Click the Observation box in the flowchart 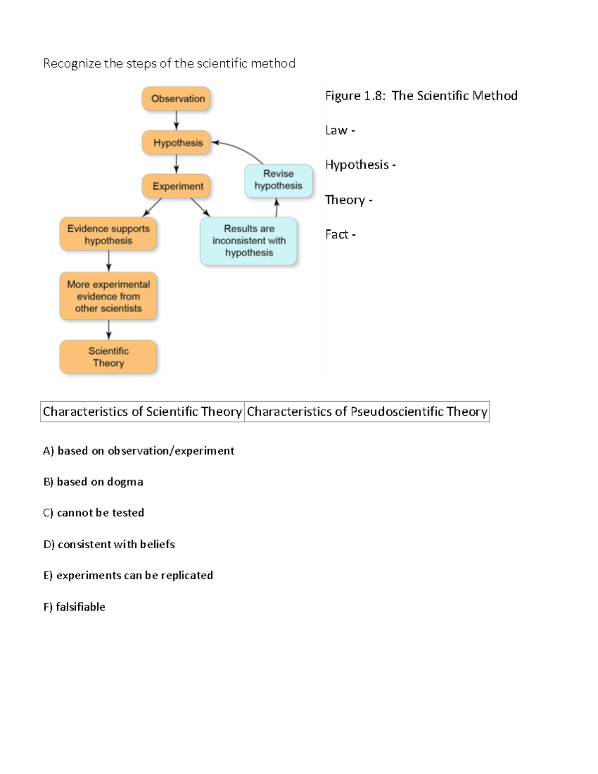click(x=176, y=99)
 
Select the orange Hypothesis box click(x=176, y=143)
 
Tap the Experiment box click(x=176, y=186)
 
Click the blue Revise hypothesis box click(x=278, y=180)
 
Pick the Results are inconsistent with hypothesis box click(x=248, y=241)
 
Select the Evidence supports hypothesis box click(x=108, y=234)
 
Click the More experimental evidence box click(x=108, y=296)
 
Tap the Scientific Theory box click(x=108, y=357)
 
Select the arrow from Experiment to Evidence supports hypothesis click(x=152, y=207)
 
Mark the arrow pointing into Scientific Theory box click(x=109, y=330)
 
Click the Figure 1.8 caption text click(x=421, y=96)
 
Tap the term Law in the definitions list click(x=336, y=131)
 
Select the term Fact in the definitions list click(x=336, y=234)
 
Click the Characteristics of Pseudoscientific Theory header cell click(x=367, y=412)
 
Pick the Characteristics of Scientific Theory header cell click(x=142, y=412)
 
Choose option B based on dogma click(x=93, y=482)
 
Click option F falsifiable click(x=74, y=607)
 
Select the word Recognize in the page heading click(x=72, y=63)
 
